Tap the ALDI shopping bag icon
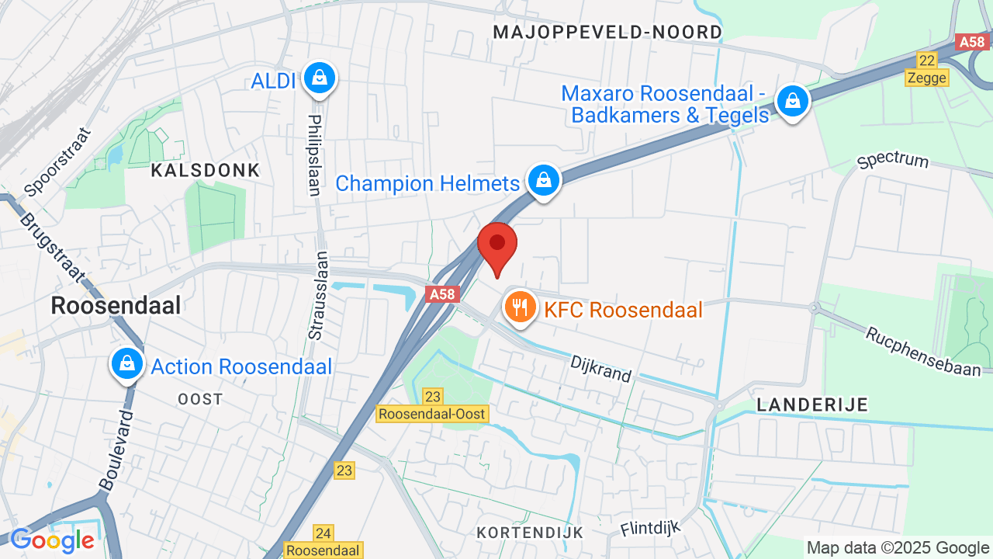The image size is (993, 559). [x=319, y=78]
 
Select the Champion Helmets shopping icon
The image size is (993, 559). [x=545, y=180]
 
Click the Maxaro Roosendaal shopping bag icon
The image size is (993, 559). [x=793, y=101]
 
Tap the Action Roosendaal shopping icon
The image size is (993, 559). [x=126, y=363]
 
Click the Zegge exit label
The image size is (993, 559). [x=926, y=78]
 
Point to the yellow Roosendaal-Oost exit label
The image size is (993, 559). [x=432, y=414]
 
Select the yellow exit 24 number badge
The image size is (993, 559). [x=324, y=533]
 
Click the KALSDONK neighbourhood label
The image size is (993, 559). [x=206, y=170]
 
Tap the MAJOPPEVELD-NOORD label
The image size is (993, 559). [x=607, y=32]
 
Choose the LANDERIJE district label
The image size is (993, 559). [x=812, y=404]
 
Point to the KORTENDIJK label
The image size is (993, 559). [x=530, y=533]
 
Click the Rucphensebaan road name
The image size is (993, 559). [x=923, y=352]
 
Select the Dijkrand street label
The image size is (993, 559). [x=600, y=369]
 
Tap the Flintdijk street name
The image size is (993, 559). [x=649, y=529]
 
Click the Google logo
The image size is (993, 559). [x=52, y=540]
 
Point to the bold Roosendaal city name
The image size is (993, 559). [x=116, y=305]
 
